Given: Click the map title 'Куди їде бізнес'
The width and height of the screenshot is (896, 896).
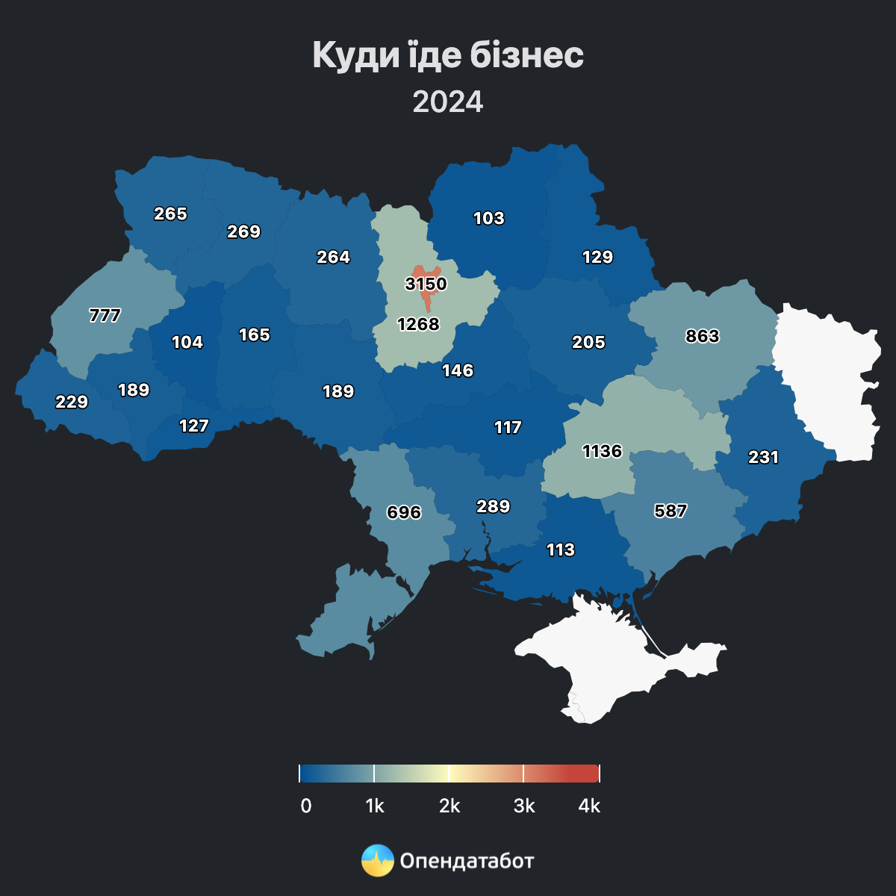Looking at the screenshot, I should point(448,55).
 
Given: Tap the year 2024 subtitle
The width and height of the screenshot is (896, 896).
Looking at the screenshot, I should point(448,102).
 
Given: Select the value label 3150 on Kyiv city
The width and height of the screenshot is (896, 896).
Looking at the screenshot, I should point(426,284).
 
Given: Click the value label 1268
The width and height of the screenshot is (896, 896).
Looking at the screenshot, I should point(418,324).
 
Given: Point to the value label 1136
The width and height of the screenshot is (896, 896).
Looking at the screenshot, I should point(602,451).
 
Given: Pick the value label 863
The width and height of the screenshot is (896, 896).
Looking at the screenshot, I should point(703,336).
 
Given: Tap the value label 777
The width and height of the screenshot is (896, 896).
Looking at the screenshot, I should point(105,315).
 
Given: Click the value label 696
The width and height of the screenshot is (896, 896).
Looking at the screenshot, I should point(404,512).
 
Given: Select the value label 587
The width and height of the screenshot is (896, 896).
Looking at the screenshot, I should point(671,511).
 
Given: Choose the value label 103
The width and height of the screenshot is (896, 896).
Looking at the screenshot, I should point(489,218).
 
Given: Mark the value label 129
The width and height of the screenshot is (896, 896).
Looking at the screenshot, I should point(597,257).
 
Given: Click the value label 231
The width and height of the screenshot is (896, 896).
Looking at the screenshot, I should point(763,457).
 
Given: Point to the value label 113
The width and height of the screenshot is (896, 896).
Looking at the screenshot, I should point(561,550).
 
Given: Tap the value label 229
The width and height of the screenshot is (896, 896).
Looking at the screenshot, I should point(72,402).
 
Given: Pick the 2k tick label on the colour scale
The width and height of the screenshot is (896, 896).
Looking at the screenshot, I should point(449,806).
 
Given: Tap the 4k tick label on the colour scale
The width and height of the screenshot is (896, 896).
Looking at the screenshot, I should point(589,806).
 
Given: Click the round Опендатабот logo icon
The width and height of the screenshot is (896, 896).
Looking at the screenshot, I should point(378,861).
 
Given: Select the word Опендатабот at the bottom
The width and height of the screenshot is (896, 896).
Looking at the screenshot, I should point(467,861).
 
